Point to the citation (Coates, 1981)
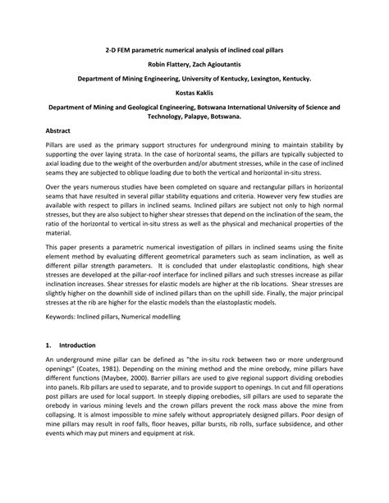point(126,369)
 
